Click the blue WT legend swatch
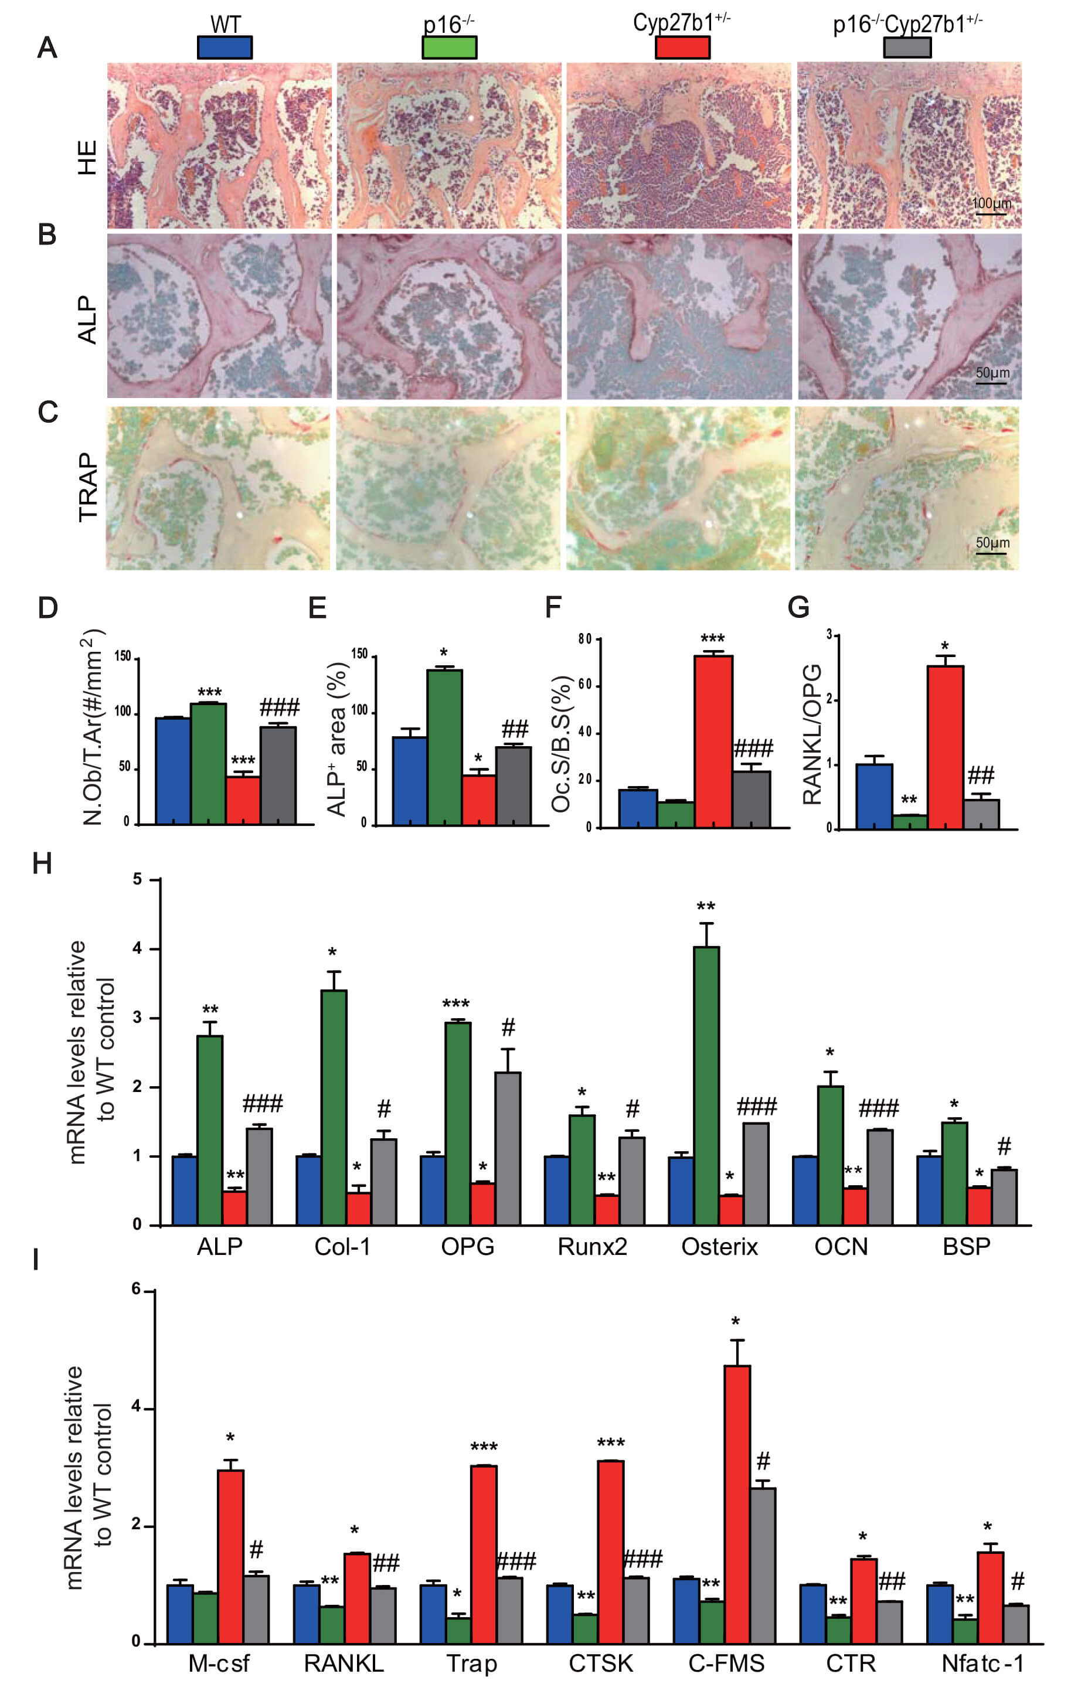pos(225,47)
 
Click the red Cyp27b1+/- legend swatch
pos(683,47)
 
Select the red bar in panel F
pos(713,741)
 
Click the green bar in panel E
pos(445,747)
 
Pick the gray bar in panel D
pos(278,775)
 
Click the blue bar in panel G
pos(875,797)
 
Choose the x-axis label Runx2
pos(593,1247)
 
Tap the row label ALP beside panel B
pos(87,319)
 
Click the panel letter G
pos(798,607)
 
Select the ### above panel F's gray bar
pos(753,749)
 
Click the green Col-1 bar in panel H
pos(334,1108)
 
